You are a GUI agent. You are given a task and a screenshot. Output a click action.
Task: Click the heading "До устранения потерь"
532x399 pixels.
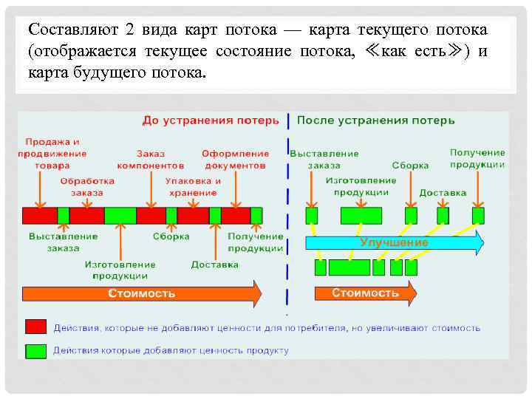(211, 120)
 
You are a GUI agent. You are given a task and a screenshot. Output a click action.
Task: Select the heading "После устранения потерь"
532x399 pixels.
(375, 120)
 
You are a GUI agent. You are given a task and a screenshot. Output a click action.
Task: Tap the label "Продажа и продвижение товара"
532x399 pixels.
(52, 154)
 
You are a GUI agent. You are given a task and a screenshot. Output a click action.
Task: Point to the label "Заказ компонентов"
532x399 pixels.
(150, 160)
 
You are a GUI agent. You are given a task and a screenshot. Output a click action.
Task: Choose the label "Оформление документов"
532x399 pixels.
(234, 160)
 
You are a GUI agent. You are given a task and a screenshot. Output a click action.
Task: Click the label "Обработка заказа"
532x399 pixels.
(87, 186)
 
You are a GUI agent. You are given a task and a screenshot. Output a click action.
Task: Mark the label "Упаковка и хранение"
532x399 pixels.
(193, 186)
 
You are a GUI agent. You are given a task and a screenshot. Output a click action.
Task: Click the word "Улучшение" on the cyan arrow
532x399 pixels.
(393, 242)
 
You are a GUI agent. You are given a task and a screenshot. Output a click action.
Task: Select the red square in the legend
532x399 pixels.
(35, 327)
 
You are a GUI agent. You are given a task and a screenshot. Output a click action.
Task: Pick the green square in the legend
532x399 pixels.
(35, 350)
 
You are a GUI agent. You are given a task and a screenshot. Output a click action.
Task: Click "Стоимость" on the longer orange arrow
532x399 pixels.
(142, 293)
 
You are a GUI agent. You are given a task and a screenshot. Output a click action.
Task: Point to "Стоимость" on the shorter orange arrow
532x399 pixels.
(365, 293)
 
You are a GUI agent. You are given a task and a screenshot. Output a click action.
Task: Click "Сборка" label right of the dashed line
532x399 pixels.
(410, 166)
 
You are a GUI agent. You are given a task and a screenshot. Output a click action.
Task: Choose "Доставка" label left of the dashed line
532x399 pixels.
(214, 265)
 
